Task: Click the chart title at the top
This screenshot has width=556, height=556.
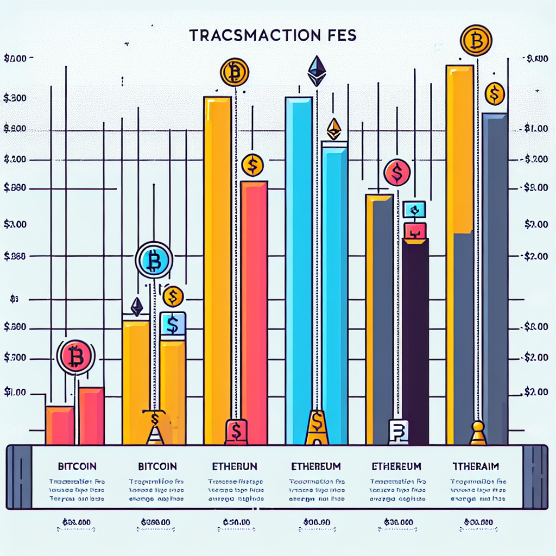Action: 273,35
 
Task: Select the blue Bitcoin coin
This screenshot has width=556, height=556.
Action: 154,262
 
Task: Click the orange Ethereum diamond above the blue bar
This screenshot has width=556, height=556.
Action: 333,129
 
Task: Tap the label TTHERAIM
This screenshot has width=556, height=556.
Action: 476,466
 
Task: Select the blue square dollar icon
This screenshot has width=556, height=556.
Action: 173,325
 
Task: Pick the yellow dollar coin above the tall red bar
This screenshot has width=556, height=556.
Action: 252,165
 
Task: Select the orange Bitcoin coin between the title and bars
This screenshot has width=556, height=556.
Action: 235,72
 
